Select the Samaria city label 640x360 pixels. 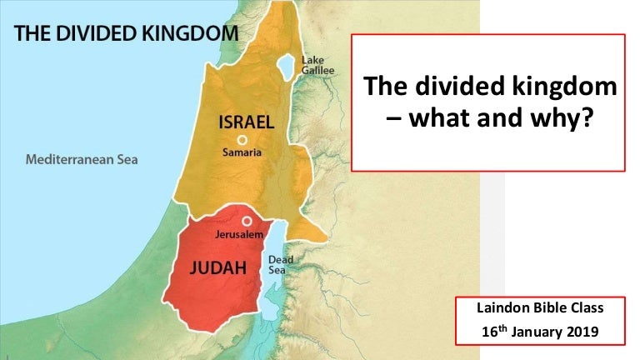click(242, 153)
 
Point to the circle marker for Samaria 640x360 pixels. click(242, 140)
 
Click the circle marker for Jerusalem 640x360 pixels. click(247, 221)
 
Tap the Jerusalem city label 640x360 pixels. click(239, 235)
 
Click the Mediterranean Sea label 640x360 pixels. click(82, 159)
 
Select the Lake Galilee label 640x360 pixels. click(317, 66)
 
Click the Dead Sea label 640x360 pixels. click(281, 265)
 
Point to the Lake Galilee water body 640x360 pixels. click(286, 64)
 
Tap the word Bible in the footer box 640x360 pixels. click(550, 309)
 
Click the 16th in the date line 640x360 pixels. click(495, 331)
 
